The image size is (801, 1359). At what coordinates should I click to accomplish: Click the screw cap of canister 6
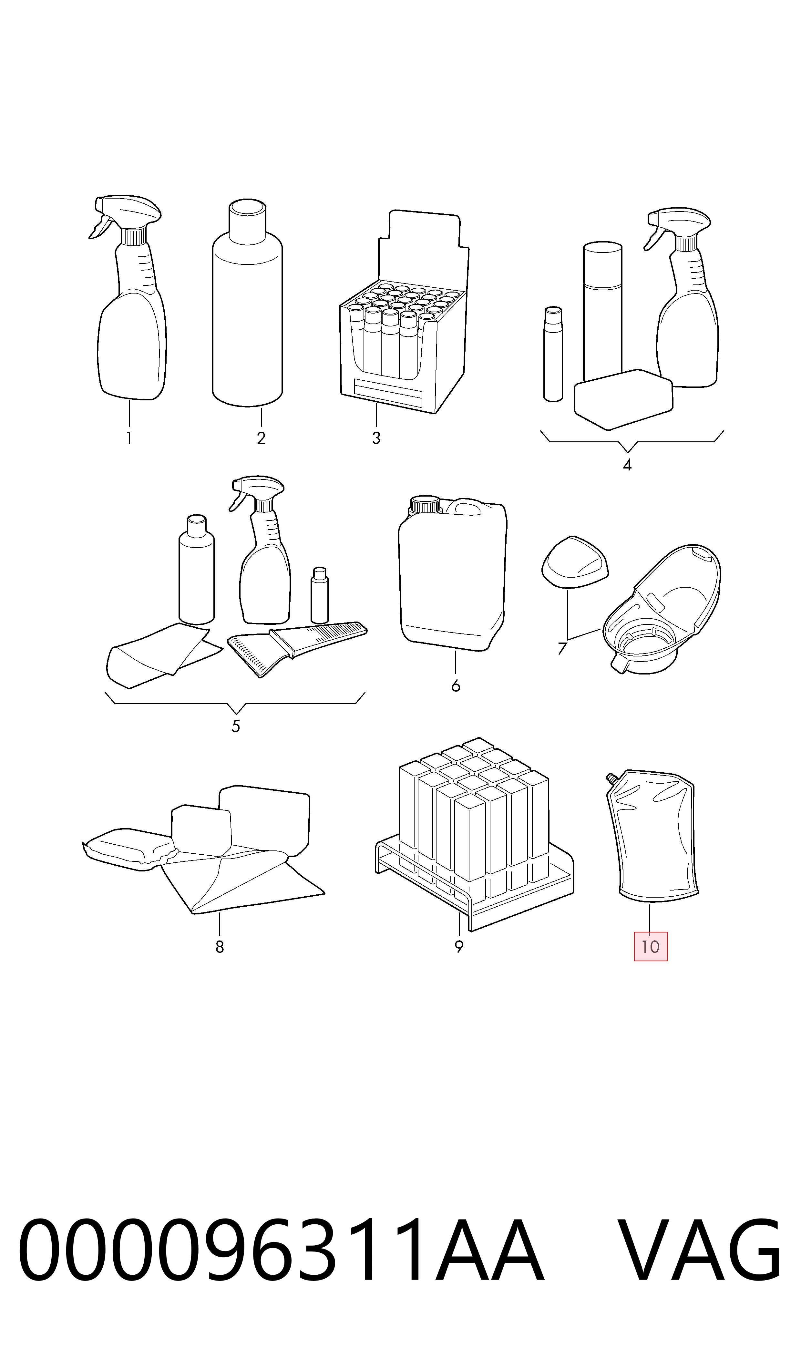click(x=426, y=504)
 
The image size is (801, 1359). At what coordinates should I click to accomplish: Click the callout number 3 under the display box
click(x=376, y=438)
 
